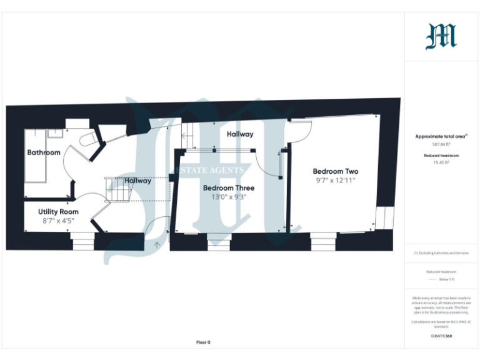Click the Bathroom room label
[44, 152]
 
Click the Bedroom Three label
[227, 188]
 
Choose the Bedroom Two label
[336, 171]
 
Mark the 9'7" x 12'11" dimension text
[336, 181]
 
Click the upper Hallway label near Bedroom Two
[240, 134]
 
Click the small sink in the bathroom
[56, 132]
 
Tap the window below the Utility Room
[81, 241]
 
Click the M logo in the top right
[441, 36]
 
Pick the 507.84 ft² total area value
[441, 144]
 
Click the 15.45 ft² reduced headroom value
[441, 162]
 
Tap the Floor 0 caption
[203, 342]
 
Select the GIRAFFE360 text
[441, 336]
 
